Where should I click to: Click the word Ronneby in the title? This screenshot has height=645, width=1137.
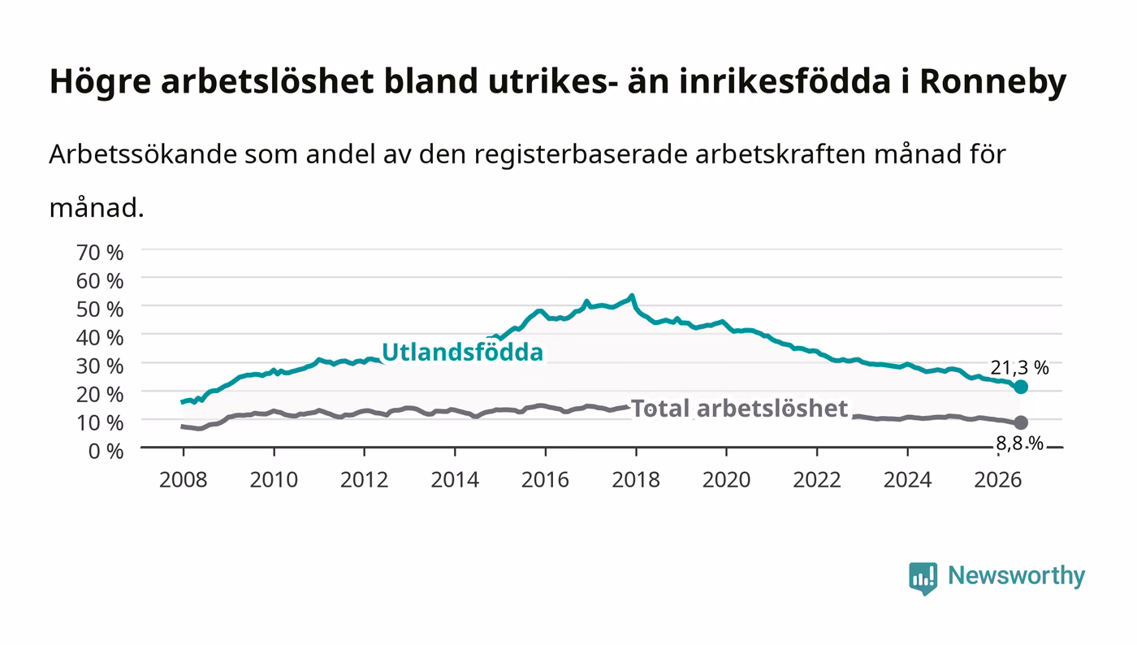992,81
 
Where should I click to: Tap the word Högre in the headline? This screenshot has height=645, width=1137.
100,81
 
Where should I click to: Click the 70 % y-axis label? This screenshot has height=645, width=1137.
100,253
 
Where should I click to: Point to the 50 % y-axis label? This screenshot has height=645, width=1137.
100,310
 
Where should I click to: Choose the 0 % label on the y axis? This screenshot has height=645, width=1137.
106,451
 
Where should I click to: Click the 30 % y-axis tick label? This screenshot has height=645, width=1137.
100,366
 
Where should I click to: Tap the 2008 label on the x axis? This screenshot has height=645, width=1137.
184,480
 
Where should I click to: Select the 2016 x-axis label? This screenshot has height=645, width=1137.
545,480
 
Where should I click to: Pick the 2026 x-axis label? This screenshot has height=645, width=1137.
998,480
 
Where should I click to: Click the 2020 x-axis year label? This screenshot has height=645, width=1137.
726,480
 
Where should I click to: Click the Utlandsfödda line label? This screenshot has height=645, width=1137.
462,352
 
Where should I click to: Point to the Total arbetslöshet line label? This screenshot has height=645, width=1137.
740,409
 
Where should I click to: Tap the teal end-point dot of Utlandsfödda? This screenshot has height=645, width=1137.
1021,387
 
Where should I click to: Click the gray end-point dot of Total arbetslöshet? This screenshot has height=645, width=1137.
1021,422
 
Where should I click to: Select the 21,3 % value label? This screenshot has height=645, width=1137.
1019,368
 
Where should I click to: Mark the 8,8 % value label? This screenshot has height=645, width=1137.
1019,444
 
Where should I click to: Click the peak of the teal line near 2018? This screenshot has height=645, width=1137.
632,295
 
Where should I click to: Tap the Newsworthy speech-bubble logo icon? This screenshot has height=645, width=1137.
923,578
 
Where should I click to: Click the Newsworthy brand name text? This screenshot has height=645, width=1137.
1017,577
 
